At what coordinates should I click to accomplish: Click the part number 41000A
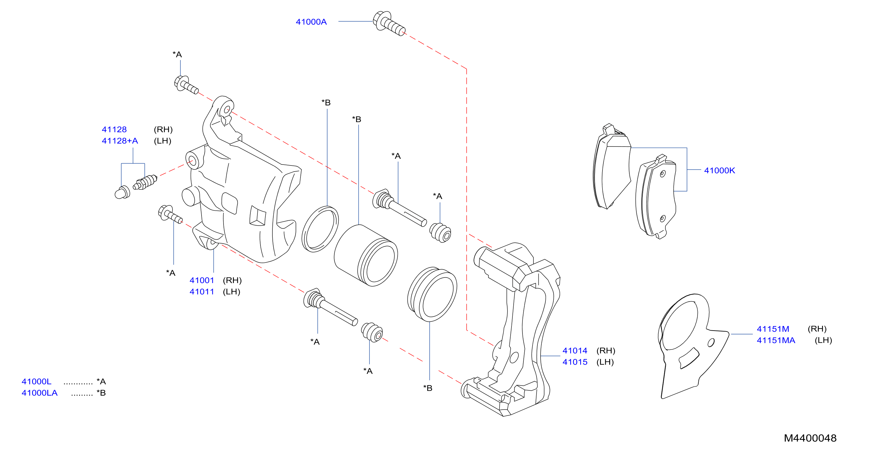[x=311, y=22]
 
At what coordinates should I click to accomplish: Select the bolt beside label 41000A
[x=389, y=23]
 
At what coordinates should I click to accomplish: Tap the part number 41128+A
[x=120, y=141]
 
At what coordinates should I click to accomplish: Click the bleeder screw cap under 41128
[x=122, y=192]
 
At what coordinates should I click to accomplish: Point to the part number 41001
[x=202, y=280]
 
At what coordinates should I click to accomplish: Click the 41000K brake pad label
[x=719, y=170]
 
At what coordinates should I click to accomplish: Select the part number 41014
[x=575, y=351]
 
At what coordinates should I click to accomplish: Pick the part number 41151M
[x=773, y=329]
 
